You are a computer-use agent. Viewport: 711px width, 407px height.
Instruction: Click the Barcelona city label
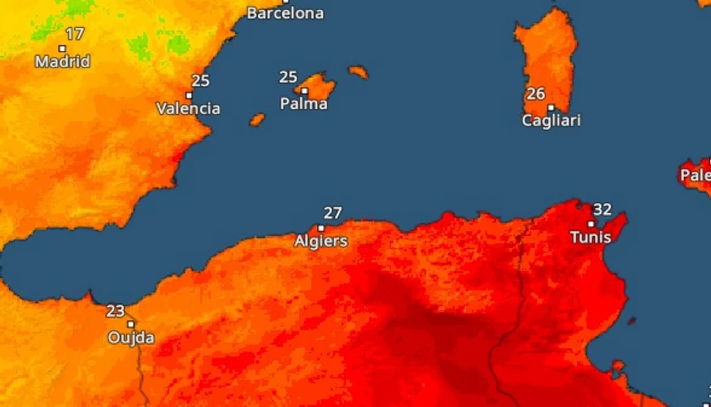pyautogui.click(x=285, y=13)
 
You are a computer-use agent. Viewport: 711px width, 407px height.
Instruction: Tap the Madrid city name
pyautogui.click(x=62, y=61)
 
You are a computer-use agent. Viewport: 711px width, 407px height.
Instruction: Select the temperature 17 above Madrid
pyautogui.click(x=74, y=34)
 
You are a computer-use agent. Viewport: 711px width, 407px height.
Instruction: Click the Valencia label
pyautogui.click(x=188, y=108)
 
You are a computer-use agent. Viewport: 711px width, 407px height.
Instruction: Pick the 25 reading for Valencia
pyautogui.click(x=200, y=81)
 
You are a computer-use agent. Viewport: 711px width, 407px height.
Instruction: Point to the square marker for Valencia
pyautogui.click(x=188, y=95)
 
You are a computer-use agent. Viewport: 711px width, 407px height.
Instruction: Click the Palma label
pyautogui.click(x=303, y=104)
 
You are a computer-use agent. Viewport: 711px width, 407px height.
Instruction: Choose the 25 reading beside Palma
pyautogui.click(x=288, y=77)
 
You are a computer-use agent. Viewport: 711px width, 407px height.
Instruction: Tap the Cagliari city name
pyautogui.click(x=551, y=120)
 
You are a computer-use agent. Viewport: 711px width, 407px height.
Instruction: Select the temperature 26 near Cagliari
pyautogui.click(x=536, y=94)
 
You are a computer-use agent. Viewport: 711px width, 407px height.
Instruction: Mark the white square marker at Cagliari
pyautogui.click(x=551, y=107)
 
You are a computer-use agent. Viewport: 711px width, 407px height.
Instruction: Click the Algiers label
pyautogui.click(x=321, y=241)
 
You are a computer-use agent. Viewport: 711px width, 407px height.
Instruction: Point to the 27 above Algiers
pyautogui.click(x=333, y=213)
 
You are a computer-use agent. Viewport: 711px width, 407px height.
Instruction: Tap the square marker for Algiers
pyautogui.click(x=321, y=228)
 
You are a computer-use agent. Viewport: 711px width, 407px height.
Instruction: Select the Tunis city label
pyautogui.click(x=590, y=238)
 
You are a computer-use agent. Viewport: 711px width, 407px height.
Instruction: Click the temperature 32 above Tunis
pyautogui.click(x=602, y=210)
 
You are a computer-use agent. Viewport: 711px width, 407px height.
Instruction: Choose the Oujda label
pyautogui.click(x=131, y=337)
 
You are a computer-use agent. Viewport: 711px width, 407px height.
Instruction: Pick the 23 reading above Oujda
pyautogui.click(x=116, y=310)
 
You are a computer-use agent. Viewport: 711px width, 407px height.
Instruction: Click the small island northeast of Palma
pyautogui.click(x=358, y=72)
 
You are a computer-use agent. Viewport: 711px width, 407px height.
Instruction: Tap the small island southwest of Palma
pyautogui.click(x=257, y=120)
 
